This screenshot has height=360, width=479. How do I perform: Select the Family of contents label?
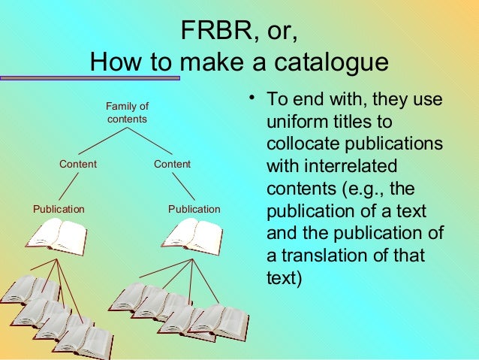click(127, 113)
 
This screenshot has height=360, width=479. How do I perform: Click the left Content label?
click(78, 164)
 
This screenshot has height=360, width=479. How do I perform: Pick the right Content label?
click(172, 164)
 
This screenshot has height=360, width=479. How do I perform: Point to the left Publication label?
click(59, 209)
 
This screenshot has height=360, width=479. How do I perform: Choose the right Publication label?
click(194, 209)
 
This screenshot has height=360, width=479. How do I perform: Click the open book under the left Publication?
click(56, 236)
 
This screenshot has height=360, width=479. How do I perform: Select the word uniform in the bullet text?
click(295, 122)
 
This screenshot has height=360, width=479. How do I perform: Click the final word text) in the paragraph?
click(285, 277)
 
